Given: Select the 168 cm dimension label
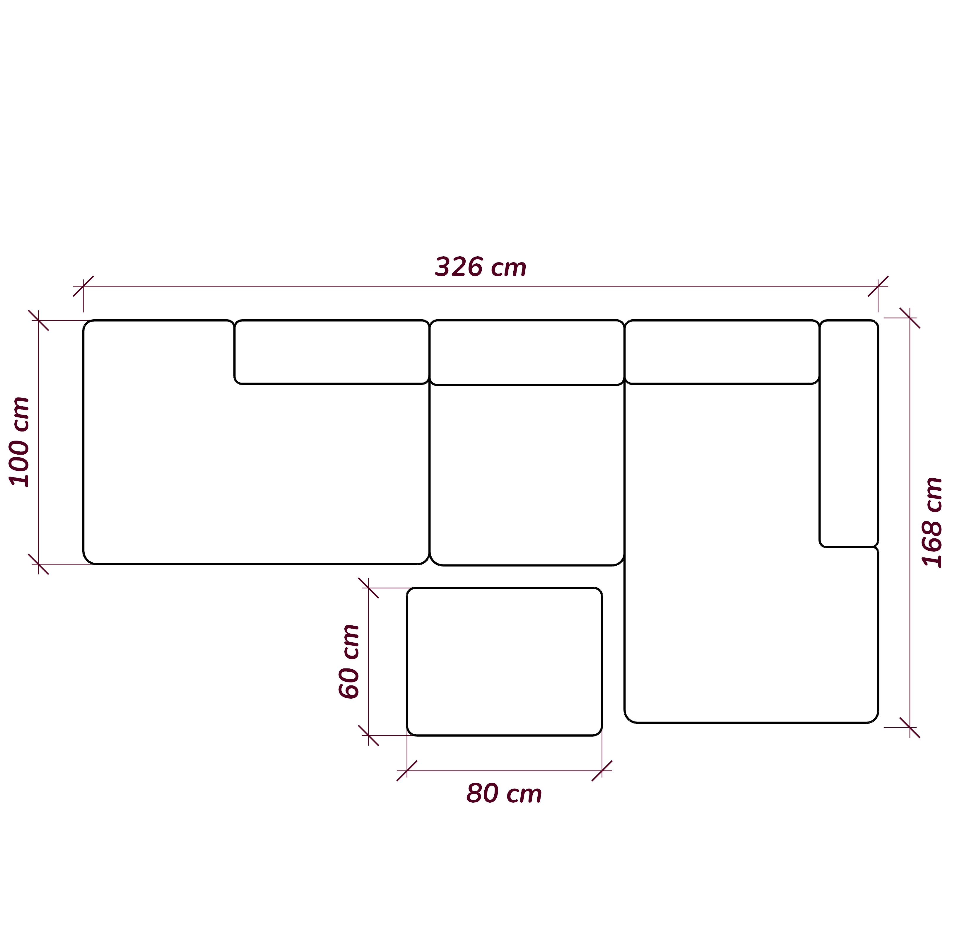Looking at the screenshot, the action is pos(932,523).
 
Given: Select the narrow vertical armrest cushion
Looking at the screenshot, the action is pos(849,434).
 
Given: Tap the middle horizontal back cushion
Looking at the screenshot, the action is pos(527,353).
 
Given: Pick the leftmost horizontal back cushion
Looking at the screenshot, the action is pos(331,352).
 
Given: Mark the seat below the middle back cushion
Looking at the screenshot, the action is pos(527,475).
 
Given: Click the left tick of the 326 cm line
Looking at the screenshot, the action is pos(83,286).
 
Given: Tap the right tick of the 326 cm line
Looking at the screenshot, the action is pos(878,286).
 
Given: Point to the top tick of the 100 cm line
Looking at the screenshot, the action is pos(38,320).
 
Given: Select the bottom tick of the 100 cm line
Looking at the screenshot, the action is pos(38,564).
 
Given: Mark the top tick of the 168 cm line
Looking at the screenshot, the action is pos(910,318).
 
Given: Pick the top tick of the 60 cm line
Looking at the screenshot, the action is pos(368,588).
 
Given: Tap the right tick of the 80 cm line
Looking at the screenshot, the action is pos(602,770).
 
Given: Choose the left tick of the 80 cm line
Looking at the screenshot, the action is pos(407,770).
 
